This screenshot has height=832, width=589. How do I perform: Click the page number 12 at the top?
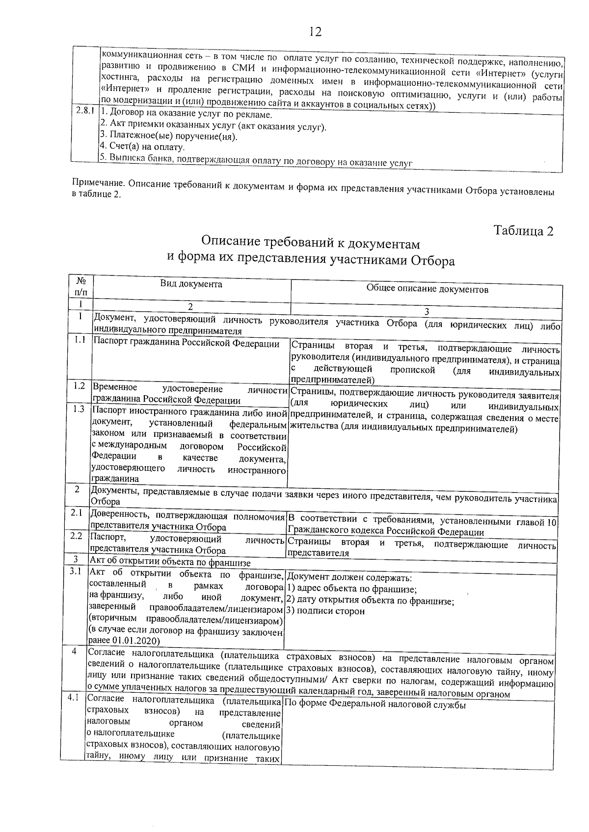coord(315,32)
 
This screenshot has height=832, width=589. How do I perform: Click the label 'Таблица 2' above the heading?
coord(524,231)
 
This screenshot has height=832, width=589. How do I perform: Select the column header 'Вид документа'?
coord(191,284)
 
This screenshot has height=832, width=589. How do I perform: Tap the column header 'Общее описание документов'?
coord(427,289)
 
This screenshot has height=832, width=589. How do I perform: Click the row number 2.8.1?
coord(85,111)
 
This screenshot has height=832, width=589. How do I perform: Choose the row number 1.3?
coord(79,409)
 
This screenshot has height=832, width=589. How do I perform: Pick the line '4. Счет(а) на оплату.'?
coord(142,147)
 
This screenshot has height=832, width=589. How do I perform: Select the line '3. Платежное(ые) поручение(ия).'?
coord(168,136)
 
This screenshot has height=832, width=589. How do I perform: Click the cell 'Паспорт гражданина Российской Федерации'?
coord(187,344)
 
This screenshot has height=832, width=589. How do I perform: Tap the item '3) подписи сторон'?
coord(325,611)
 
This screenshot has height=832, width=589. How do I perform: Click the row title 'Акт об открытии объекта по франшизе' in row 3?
coord(170,563)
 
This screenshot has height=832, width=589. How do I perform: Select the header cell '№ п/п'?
coord(82,286)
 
